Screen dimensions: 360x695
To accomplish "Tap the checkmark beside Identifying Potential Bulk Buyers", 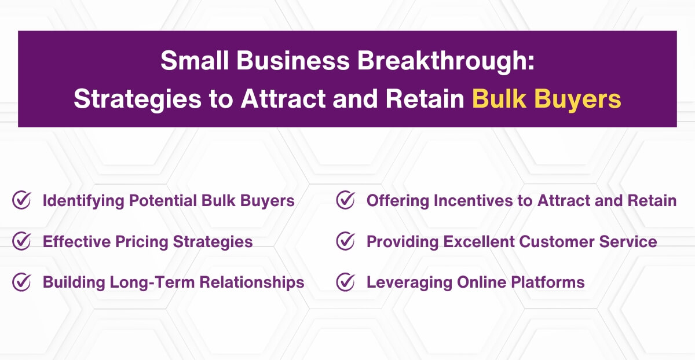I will click(x=21, y=201).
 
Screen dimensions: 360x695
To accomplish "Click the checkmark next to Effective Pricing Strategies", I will click(x=21, y=241).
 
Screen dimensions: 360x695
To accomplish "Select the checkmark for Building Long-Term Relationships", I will click(x=21, y=282).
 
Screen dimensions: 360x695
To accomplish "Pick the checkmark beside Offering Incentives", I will click(x=345, y=201).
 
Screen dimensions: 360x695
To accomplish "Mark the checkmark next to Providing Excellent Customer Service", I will click(x=345, y=241).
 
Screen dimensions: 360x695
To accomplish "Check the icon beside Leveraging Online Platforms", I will click(x=345, y=282).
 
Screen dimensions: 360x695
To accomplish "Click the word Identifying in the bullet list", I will click(x=83, y=201).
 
